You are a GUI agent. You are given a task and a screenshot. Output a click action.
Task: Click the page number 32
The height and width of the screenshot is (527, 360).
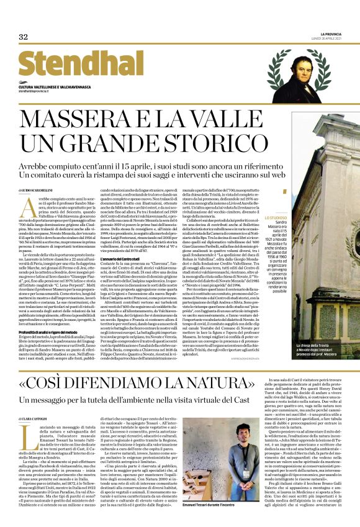coord(24,37)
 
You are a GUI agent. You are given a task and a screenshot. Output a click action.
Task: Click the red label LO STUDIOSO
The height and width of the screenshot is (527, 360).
coord(276,217)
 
